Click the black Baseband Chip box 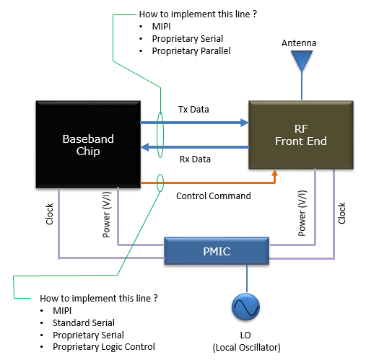[x=88, y=144]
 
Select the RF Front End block [x=301, y=135]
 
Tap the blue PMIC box [x=217, y=251]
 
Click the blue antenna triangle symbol [x=302, y=61]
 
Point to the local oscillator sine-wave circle [x=245, y=307]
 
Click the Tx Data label [x=193, y=110]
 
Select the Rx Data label [x=195, y=159]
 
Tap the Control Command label [x=214, y=196]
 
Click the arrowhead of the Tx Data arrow [x=245, y=123]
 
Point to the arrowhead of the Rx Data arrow [x=145, y=147]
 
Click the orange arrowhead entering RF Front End [x=274, y=172]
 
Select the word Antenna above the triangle [x=299, y=43]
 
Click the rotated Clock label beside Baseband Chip [x=49, y=214]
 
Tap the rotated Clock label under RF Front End [x=341, y=214]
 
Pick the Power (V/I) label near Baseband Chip [x=107, y=214]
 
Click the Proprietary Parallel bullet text [x=191, y=51]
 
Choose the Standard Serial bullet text [x=84, y=322]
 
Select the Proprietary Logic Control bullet [x=104, y=347]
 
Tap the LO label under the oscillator [x=245, y=335]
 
